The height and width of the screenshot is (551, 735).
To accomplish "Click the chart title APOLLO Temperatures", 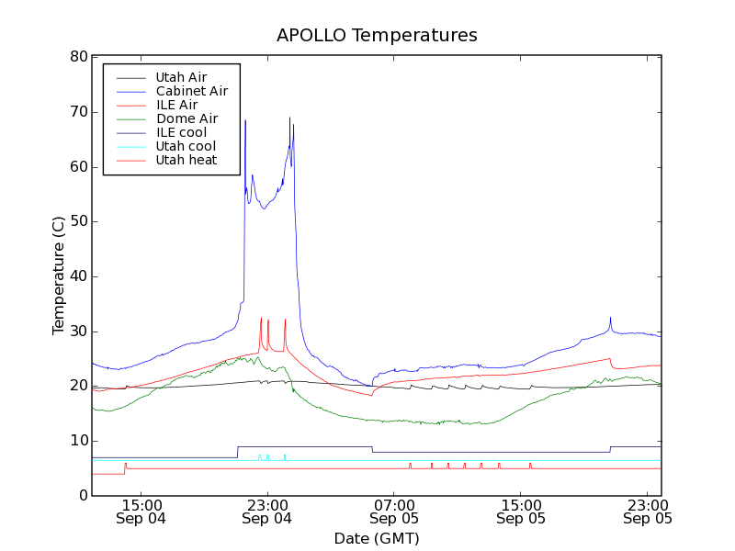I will point(377,36).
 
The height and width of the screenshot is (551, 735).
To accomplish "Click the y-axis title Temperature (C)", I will point(59,275).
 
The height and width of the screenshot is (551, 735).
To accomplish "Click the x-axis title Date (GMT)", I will point(377,538).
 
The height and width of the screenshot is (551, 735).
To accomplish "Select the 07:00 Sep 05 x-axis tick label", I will point(394,511).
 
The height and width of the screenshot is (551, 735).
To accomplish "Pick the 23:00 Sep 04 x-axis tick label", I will point(267,511).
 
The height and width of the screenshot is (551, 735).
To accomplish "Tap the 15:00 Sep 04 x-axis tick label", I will point(141,511).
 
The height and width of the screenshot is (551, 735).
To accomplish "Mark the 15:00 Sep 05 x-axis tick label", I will point(521,511).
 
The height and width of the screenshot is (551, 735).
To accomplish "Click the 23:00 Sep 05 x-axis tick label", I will point(648,511).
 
